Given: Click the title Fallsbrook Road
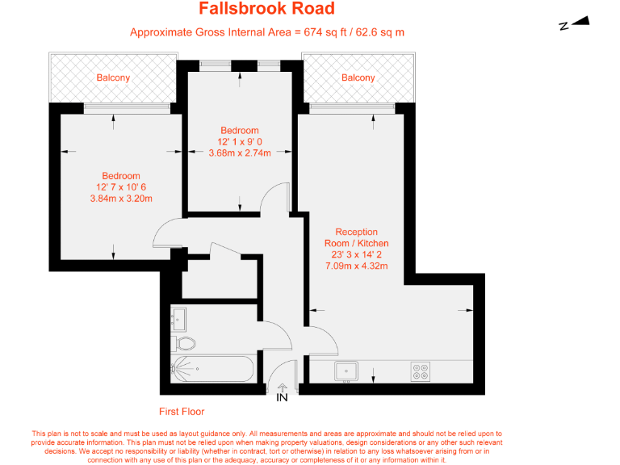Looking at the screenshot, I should click(266, 10).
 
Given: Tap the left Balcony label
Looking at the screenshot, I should click(113, 78).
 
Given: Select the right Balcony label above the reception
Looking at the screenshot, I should click(358, 78).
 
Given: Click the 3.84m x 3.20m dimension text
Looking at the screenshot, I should click(120, 199).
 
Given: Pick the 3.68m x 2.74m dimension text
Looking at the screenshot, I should click(240, 153).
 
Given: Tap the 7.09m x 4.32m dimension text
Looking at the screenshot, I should click(356, 266).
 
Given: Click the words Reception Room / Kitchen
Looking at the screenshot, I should click(356, 238).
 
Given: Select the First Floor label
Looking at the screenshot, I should click(182, 411).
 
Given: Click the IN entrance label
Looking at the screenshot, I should click(282, 397).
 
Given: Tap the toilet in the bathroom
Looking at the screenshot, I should click(185, 344).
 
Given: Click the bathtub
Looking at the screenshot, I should click(213, 371).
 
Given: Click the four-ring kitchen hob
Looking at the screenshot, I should click(421, 371).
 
